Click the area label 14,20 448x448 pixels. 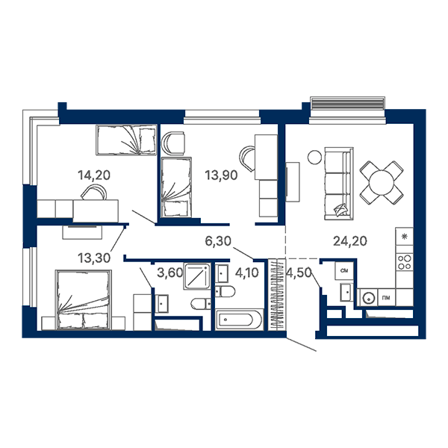[x=94, y=175]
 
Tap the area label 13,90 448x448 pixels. [x=221, y=175]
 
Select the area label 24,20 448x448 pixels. [x=350, y=241]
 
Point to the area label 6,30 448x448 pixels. [x=218, y=241]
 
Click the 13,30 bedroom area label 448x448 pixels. [x=94, y=258]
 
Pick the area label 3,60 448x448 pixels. [x=169, y=273]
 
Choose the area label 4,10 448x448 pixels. [x=247, y=273]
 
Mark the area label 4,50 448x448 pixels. [x=298, y=273]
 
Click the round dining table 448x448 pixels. [x=382, y=183]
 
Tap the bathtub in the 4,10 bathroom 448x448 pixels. [x=239, y=320]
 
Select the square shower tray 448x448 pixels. [x=197, y=276]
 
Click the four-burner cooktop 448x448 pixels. [x=404, y=262]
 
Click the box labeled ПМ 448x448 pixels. [x=386, y=298]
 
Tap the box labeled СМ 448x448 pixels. [x=344, y=270]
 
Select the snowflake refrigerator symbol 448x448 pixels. [x=404, y=236]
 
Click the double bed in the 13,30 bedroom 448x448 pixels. [x=84, y=300]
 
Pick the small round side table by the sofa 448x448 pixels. [x=314, y=157]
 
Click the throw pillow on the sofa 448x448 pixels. [x=341, y=211]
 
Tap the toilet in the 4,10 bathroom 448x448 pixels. [x=225, y=292]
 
